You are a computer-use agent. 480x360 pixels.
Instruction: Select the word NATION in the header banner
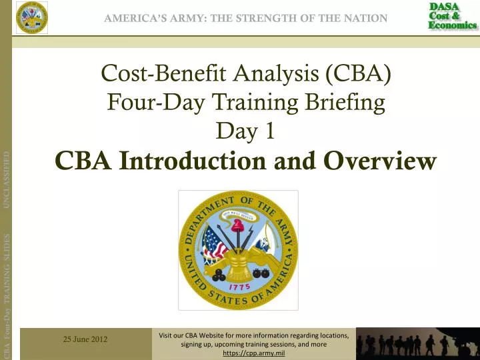point(363,18)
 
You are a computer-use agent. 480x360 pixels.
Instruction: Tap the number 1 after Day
point(269,132)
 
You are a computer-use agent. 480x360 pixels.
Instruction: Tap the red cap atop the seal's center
point(238,225)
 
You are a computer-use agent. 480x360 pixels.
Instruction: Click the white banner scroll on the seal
point(238,215)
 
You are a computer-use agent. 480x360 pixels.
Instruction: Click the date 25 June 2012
point(85,339)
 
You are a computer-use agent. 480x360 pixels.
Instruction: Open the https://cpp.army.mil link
point(253,353)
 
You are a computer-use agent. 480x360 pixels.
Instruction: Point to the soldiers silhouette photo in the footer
point(417,343)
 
